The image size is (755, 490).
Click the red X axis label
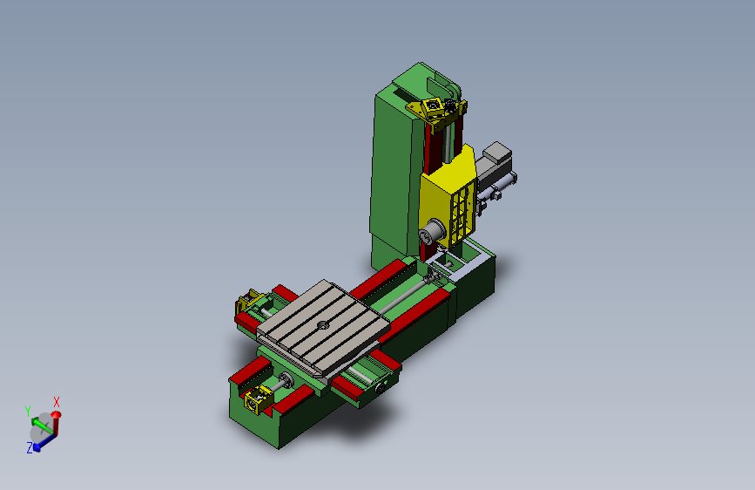click(57, 402)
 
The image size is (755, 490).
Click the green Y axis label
click(28, 412)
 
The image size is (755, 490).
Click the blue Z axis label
click(30, 447)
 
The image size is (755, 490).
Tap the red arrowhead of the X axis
click(57, 414)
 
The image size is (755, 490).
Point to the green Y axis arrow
click(42, 425)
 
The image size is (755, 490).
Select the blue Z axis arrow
click(46, 442)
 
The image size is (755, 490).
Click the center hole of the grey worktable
click(322, 325)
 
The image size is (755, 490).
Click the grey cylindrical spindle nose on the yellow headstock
click(431, 233)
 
